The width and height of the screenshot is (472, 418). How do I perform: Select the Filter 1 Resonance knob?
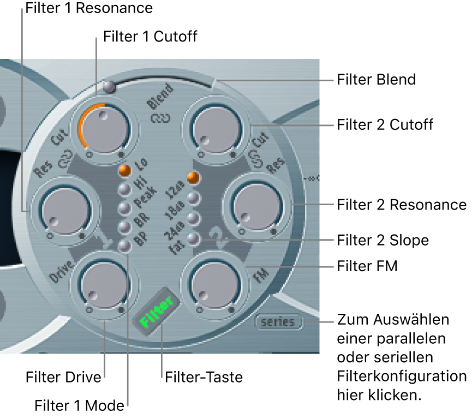(x=62, y=208)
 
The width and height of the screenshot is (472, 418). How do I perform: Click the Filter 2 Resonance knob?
(x=254, y=208)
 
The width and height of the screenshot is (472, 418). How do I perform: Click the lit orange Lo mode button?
(x=125, y=170)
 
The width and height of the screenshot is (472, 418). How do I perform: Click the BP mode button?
(x=125, y=246)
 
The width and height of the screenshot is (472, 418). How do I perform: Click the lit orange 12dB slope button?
(x=192, y=178)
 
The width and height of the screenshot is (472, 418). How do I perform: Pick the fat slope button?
(x=192, y=238)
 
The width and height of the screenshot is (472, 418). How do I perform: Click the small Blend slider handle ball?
(x=109, y=86)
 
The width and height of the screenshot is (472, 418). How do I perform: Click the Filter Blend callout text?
(x=376, y=80)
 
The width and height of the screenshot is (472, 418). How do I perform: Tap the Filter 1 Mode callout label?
(x=76, y=405)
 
